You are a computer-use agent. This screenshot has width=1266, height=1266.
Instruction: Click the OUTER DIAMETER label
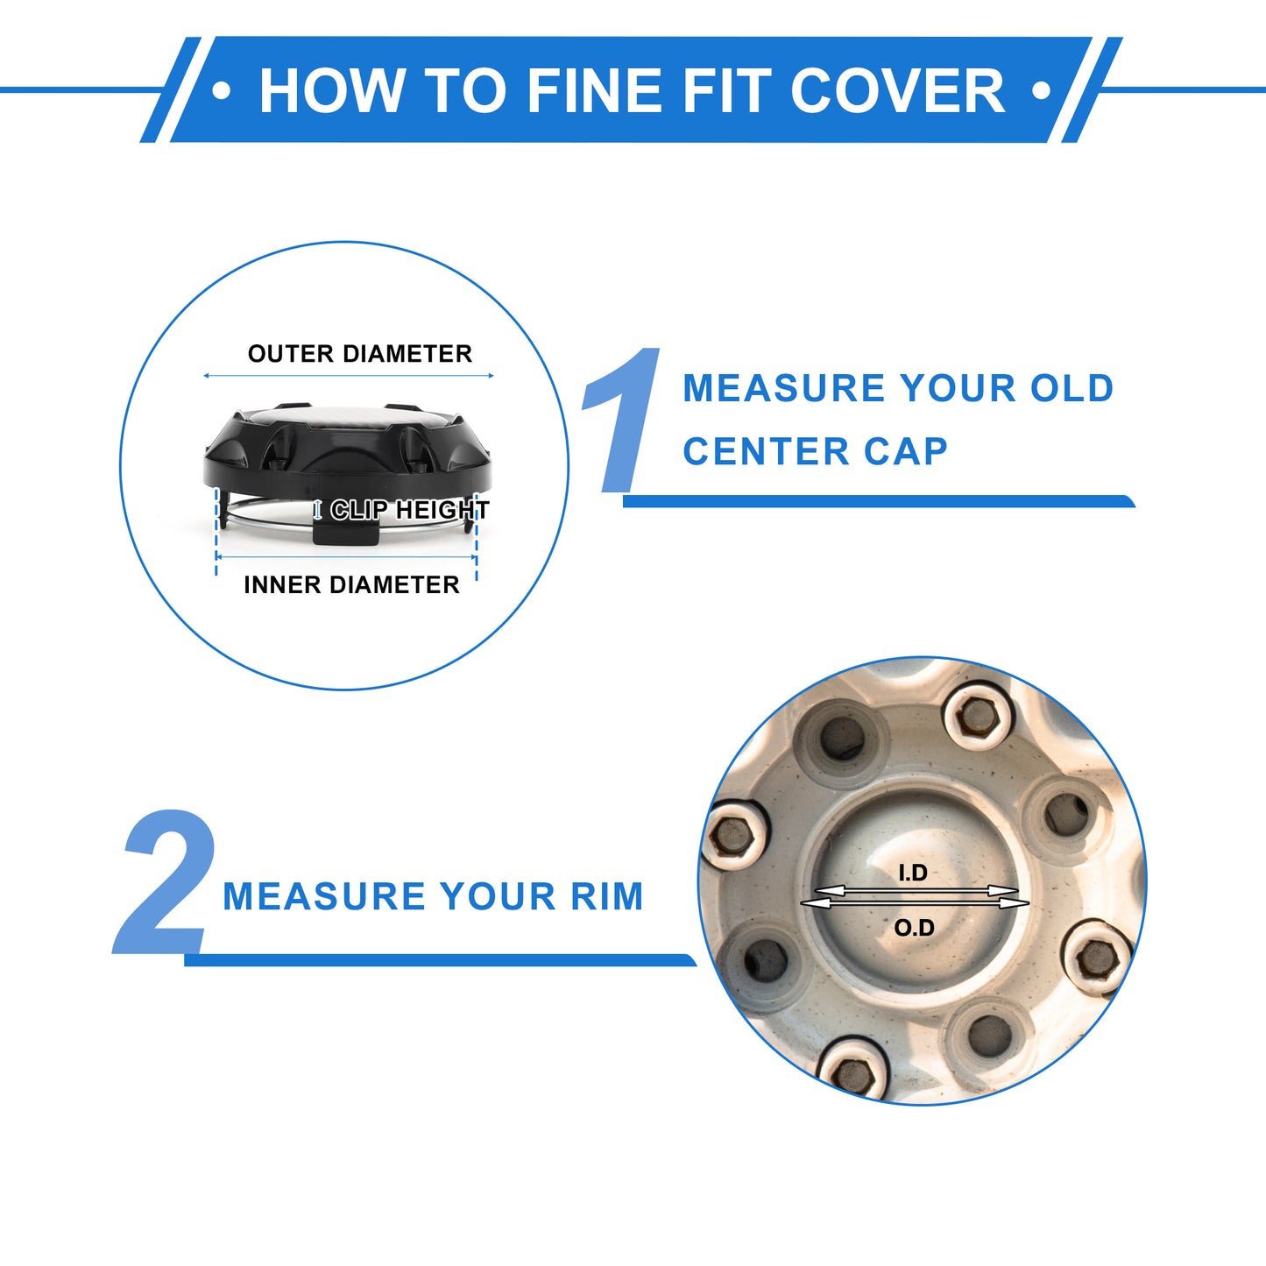pyautogui.click(x=360, y=354)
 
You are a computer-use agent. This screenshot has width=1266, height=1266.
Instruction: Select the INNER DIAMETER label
pyautogui.click(x=351, y=584)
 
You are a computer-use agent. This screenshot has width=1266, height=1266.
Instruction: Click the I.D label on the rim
pyautogui.click(x=913, y=873)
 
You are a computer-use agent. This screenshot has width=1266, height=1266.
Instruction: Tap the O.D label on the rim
pyautogui.click(x=914, y=928)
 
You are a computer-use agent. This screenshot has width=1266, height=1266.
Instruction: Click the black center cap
pyautogui.click(x=348, y=453)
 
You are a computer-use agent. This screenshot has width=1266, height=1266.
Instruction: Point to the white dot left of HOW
pyautogui.click(x=222, y=90)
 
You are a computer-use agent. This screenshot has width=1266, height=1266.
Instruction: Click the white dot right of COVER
pyautogui.click(x=1041, y=90)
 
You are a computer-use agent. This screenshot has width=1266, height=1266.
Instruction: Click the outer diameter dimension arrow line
pyautogui.click(x=348, y=376)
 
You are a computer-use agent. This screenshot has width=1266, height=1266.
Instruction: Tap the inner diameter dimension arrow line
pyautogui.click(x=346, y=557)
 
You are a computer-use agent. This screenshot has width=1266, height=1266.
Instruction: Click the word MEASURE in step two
pyautogui.click(x=324, y=897)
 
